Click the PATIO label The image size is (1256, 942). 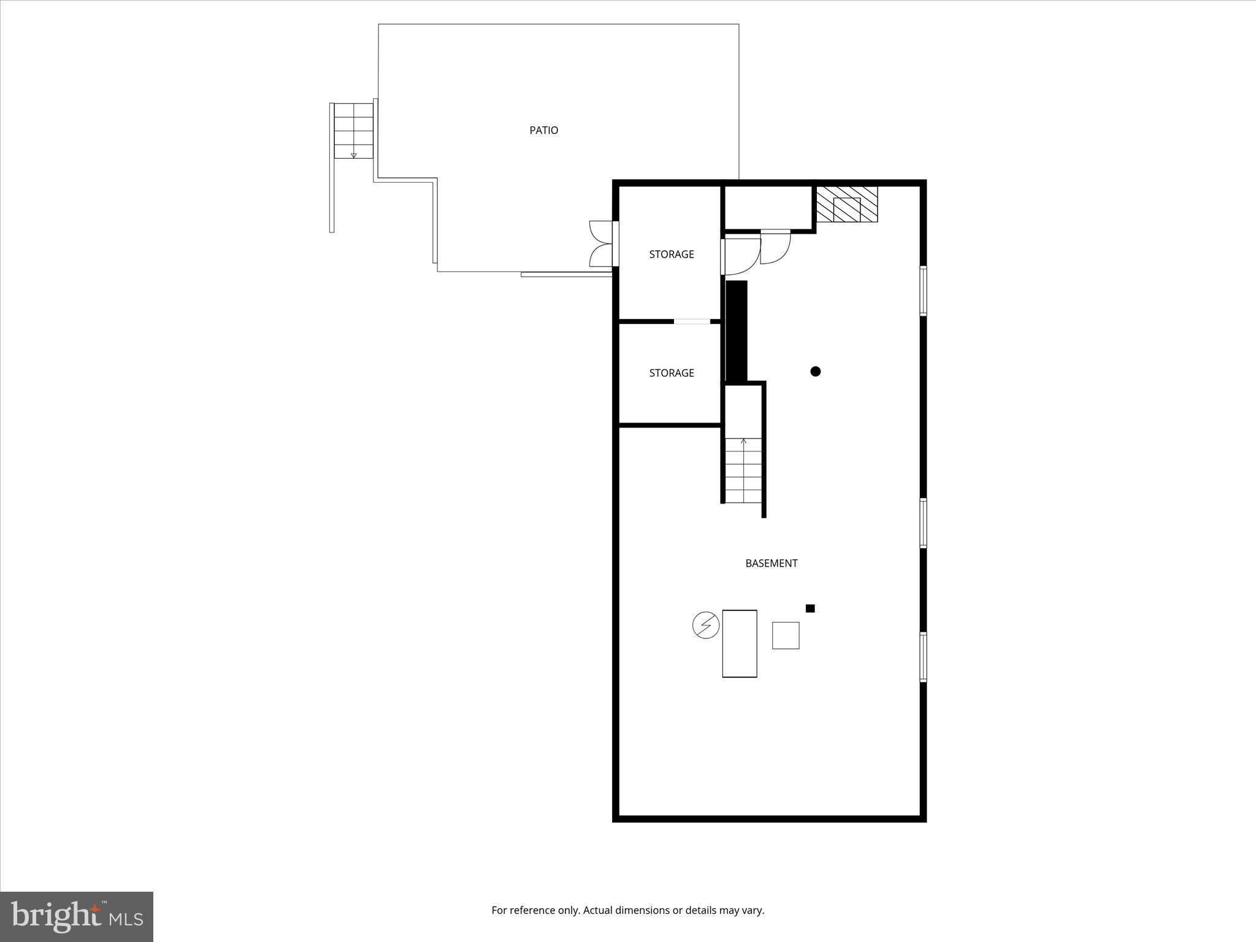[543, 130]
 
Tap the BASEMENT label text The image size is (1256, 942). [771, 563]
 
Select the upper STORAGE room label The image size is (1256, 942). [672, 254]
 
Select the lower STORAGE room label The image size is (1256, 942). [672, 373]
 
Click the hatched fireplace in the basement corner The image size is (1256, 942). [847, 205]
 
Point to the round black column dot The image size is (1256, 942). [815, 371]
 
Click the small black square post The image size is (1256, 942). [810, 608]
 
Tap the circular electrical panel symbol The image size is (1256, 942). [705, 626]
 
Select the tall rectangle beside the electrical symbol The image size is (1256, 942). [739, 643]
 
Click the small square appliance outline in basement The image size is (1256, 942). [785, 635]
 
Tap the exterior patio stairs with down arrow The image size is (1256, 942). [353, 131]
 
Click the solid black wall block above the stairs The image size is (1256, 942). [737, 331]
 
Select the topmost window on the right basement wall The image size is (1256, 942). [923, 291]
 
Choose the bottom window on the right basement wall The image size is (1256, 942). [923, 657]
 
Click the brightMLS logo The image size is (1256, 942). [77, 916]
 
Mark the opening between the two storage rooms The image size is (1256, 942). [692, 321]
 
